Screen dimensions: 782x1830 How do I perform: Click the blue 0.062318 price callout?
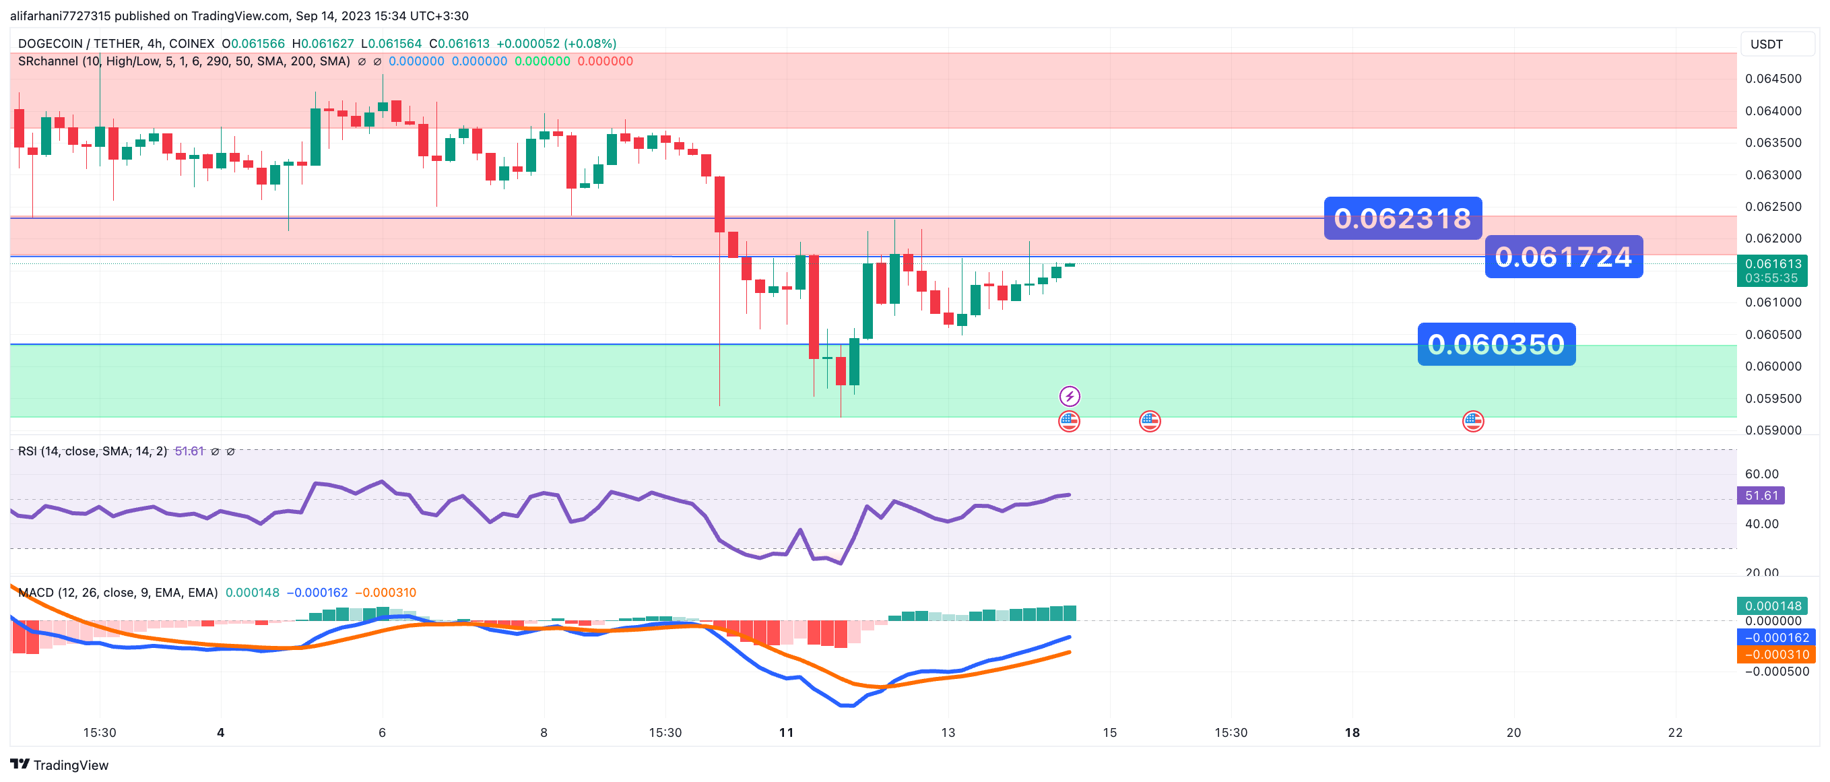pyautogui.click(x=1402, y=218)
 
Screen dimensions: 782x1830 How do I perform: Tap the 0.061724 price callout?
pyautogui.click(x=1563, y=257)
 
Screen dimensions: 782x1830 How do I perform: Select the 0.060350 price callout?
pyautogui.click(x=1496, y=344)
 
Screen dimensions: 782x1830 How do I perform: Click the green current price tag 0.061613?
pyautogui.click(x=1772, y=264)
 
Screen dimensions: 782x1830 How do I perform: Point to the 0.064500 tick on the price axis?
pyautogui.click(x=1773, y=79)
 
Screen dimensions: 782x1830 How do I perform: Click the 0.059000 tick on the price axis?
pyautogui.click(x=1773, y=430)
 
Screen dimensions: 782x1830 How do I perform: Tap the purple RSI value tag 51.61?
pyautogui.click(x=1761, y=496)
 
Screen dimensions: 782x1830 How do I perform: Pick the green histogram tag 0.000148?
pyautogui.click(x=1773, y=606)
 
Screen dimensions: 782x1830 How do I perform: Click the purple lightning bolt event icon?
pyautogui.click(x=1069, y=395)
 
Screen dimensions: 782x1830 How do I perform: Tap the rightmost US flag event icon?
pyautogui.click(x=1472, y=421)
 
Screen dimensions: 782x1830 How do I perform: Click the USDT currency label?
pyautogui.click(x=1766, y=44)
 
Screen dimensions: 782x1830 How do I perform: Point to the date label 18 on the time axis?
pyautogui.click(x=1352, y=732)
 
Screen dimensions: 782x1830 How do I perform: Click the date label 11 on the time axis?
pyautogui.click(x=786, y=732)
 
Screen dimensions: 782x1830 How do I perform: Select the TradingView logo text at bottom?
pyautogui.click(x=60, y=765)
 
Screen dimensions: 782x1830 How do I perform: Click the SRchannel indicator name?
pyautogui.click(x=48, y=62)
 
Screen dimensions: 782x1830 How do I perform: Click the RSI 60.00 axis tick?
pyautogui.click(x=1761, y=474)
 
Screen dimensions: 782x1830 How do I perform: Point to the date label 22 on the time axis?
pyautogui.click(x=1674, y=732)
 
